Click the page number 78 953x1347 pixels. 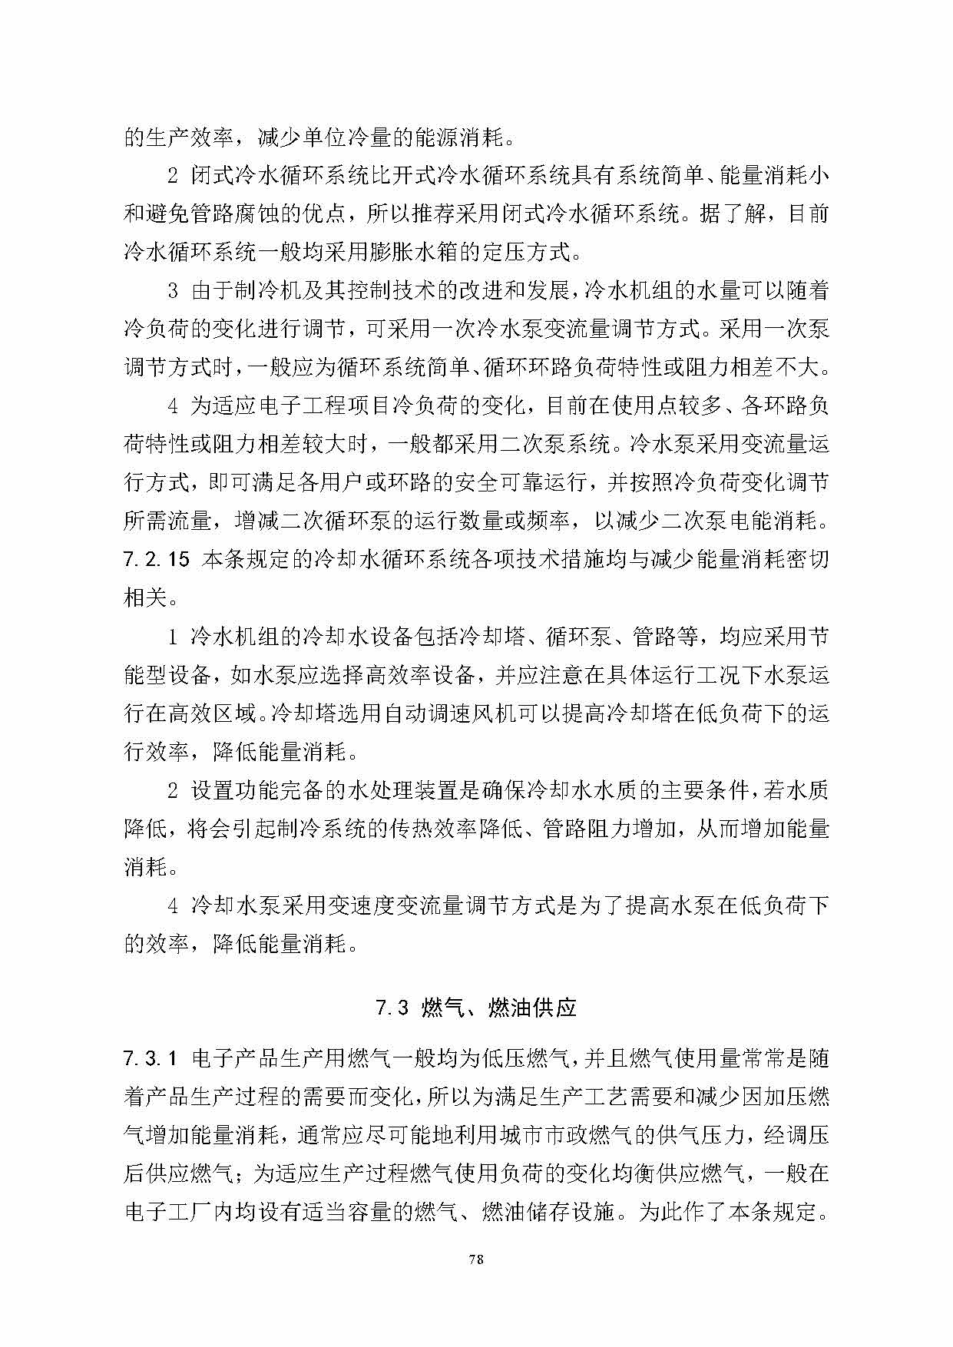(x=476, y=1260)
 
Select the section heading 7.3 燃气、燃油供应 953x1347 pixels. (x=476, y=1008)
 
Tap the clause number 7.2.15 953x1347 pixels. (x=156, y=560)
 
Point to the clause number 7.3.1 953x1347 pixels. (x=151, y=1059)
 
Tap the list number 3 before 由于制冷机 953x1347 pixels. (x=174, y=291)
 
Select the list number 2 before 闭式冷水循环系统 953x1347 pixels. (x=174, y=176)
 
